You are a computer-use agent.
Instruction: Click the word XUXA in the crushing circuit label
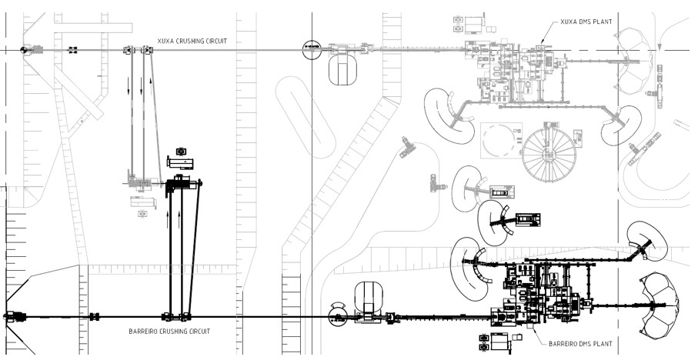tap(165, 41)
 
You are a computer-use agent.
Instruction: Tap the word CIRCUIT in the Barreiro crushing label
tap(198, 332)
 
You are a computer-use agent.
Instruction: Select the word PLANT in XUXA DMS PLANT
tap(603, 22)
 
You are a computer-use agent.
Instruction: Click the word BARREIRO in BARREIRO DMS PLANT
tap(563, 344)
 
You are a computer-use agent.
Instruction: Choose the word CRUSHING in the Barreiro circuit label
tap(169, 332)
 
